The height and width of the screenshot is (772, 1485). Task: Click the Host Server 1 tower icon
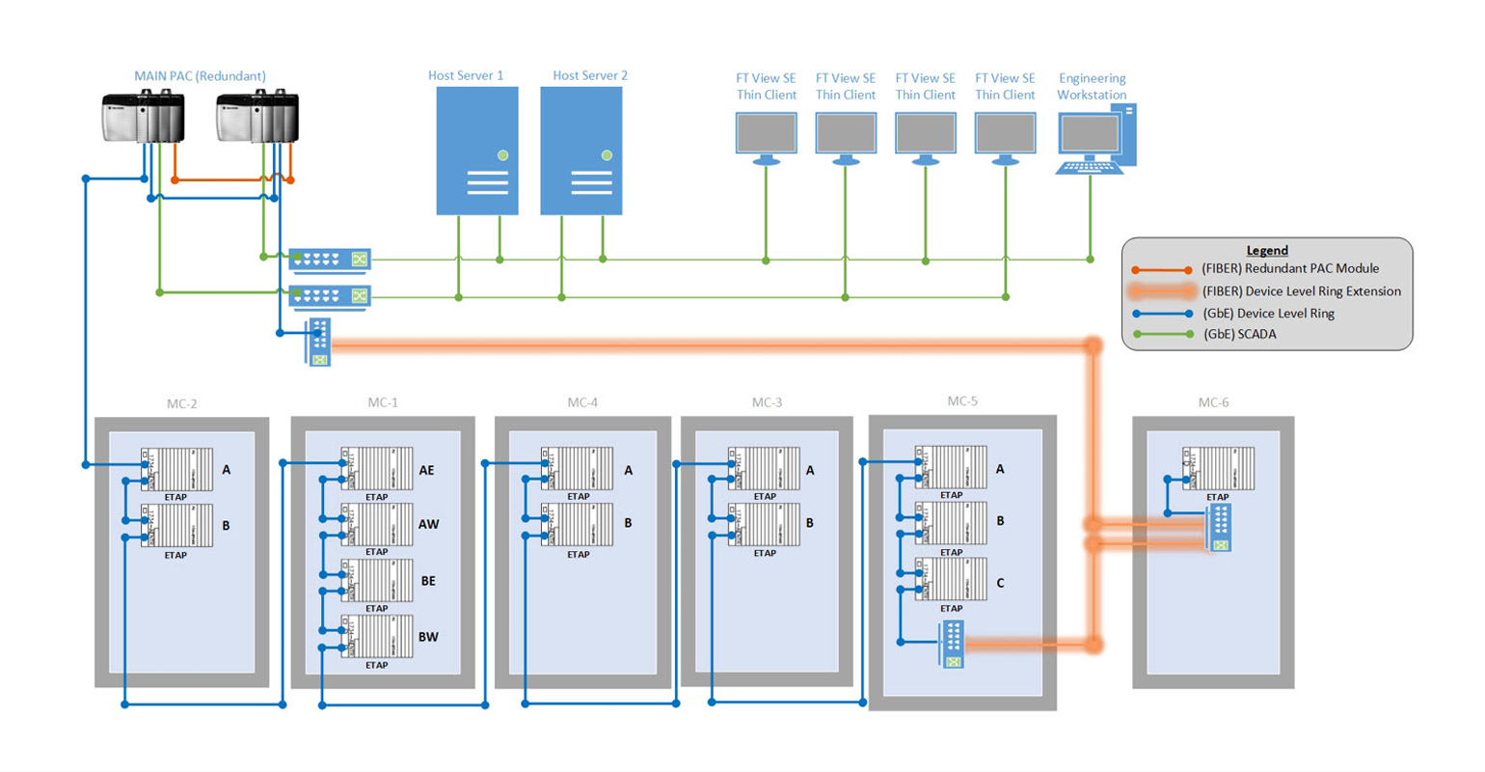coord(477,151)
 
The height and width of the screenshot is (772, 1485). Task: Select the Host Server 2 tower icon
coord(580,151)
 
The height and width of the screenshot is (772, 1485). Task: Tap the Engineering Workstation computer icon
coord(1095,139)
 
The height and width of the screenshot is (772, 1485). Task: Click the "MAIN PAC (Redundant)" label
coord(200,75)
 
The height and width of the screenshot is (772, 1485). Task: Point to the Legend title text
coord(1266,250)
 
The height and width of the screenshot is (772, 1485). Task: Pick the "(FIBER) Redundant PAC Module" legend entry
coord(1289,268)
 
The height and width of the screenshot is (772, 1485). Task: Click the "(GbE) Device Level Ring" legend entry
coord(1267,313)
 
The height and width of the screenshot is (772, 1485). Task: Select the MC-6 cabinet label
coord(1212,402)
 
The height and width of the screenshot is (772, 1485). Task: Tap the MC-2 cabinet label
coord(181,403)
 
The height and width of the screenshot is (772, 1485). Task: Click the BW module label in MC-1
coord(428,637)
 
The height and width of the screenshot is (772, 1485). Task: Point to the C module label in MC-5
coord(1000,583)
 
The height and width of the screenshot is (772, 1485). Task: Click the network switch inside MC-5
coord(952,645)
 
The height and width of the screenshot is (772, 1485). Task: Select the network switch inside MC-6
coord(1219,529)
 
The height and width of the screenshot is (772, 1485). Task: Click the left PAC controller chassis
coord(142,117)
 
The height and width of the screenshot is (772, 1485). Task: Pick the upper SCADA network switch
coord(329,259)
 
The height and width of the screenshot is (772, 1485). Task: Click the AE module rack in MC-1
coord(377,469)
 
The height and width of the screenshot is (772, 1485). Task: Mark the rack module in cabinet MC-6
coord(1218,468)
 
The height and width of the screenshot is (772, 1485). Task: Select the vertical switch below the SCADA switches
coord(319,342)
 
